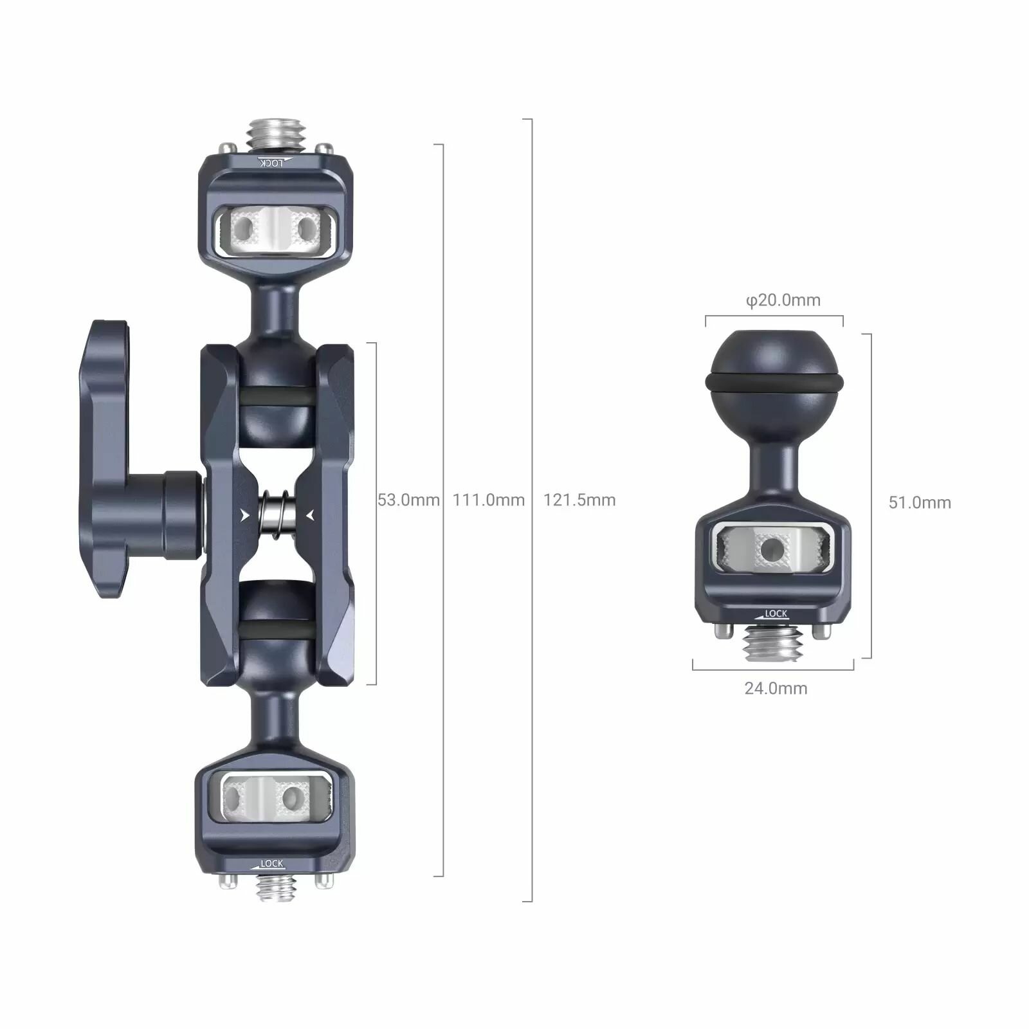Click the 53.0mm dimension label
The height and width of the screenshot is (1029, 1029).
408,500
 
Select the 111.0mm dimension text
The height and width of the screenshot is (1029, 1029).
489,500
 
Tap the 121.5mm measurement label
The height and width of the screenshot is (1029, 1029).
579,500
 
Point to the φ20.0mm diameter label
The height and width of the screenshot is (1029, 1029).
783,300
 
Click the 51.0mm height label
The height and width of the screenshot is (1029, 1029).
920,502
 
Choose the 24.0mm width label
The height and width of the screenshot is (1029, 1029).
776,688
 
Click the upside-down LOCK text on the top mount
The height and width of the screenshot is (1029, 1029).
271,163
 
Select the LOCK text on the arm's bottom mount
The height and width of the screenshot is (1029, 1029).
271,864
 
